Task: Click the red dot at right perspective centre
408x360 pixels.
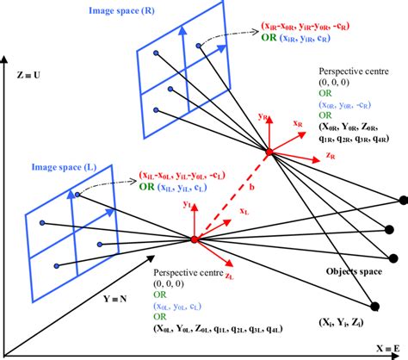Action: coord(269,153)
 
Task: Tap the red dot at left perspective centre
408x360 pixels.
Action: coord(195,239)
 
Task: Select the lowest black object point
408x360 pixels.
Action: coord(376,305)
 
